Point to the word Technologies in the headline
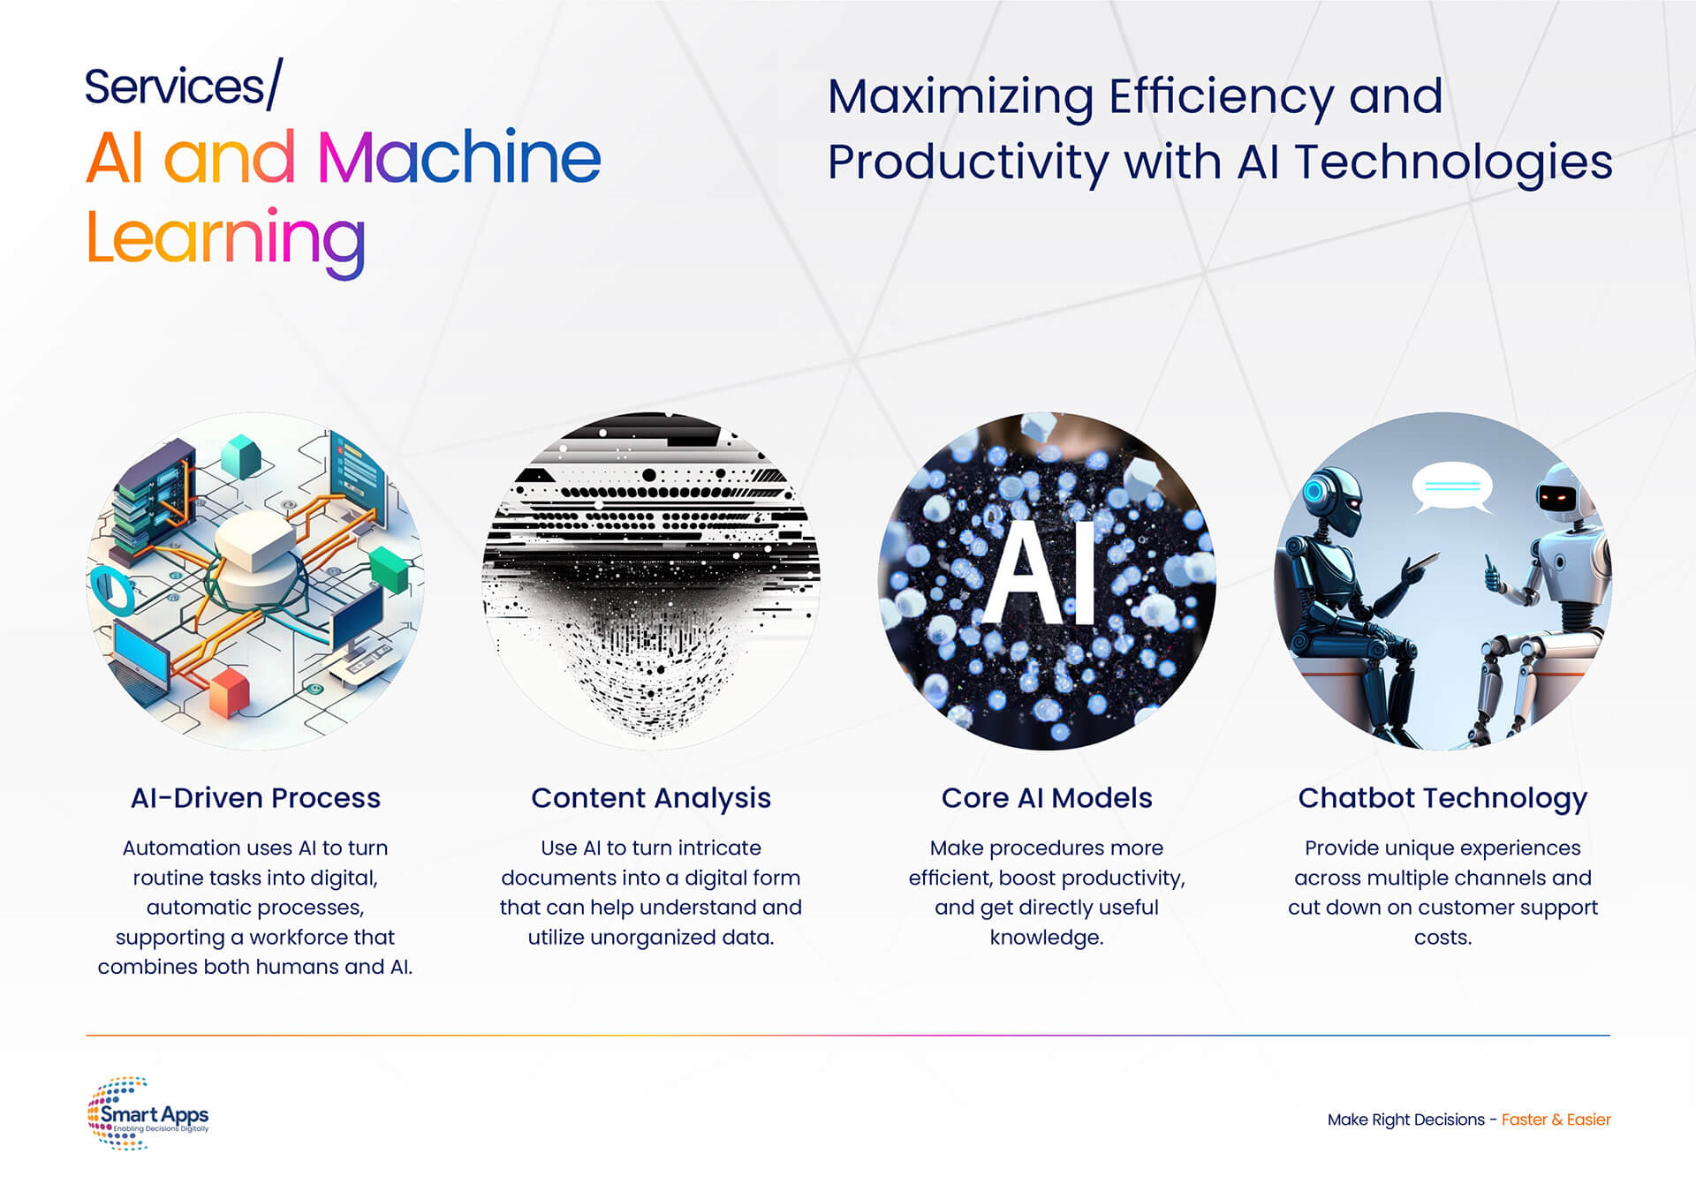coord(1454,162)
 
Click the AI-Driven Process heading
coord(255,798)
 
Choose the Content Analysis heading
coord(651,799)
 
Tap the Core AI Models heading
coord(1047,798)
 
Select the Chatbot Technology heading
coord(1442,799)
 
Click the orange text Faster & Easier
coord(1556,1120)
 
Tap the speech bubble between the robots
coord(1452,488)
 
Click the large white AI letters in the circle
coord(1040,572)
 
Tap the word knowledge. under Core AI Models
coord(1047,938)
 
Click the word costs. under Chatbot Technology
coord(1442,938)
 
